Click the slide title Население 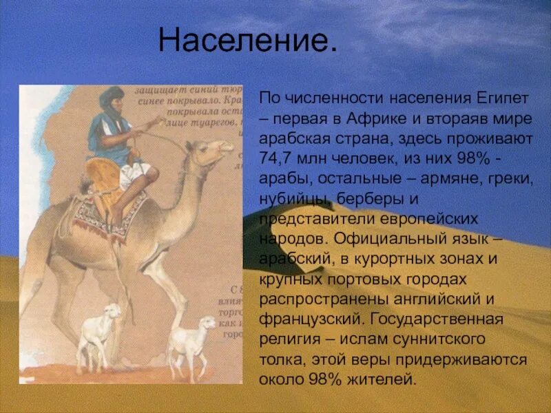click(x=248, y=41)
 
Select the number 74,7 click(x=278, y=156)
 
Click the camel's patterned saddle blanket click(x=110, y=217)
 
